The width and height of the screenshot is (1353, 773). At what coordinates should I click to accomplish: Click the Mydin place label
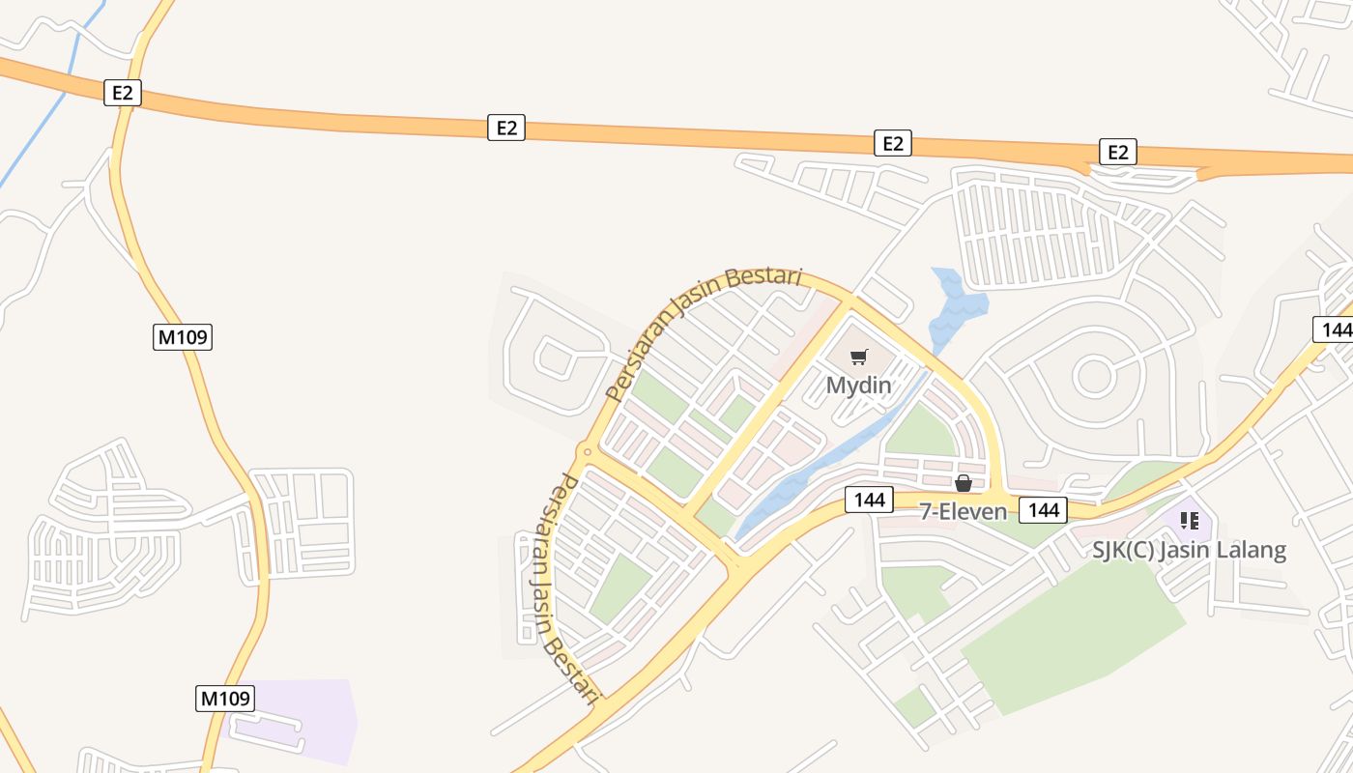coord(858,385)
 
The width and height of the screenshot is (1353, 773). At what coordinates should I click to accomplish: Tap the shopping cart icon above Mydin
coord(858,357)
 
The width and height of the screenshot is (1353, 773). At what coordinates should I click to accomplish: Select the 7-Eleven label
coord(963,511)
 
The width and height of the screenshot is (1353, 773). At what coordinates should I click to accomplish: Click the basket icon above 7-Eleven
coord(963,483)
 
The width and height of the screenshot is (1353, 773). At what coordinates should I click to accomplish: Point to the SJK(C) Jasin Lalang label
coord(1189,550)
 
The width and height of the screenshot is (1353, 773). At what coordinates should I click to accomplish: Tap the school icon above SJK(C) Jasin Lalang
coord(1189,522)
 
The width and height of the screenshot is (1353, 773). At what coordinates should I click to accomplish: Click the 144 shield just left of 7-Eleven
coord(869,500)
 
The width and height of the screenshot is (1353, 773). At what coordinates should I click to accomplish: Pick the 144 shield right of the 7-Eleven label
coord(1044,509)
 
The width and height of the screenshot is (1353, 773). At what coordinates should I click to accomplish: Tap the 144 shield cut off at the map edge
coord(1334,329)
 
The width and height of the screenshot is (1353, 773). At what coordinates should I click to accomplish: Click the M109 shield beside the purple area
coord(224,698)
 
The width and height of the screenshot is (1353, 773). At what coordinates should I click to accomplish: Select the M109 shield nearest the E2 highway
coord(182,337)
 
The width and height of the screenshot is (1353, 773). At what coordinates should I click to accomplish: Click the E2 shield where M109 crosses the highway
coord(123,93)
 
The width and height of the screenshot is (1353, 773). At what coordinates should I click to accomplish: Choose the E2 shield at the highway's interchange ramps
coord(1117,152)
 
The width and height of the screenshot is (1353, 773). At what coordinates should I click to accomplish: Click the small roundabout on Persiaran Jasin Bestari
coord(585,450)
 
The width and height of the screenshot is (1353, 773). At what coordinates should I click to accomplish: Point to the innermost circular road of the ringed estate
coord(1094,375)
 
